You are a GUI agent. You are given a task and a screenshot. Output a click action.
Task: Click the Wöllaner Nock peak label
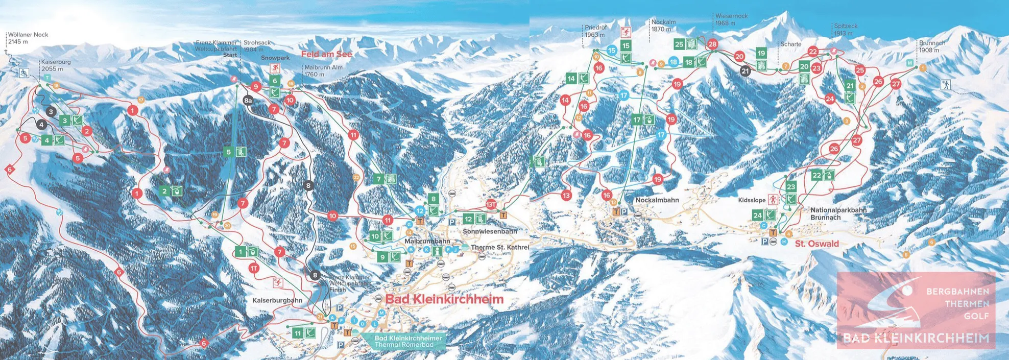28,38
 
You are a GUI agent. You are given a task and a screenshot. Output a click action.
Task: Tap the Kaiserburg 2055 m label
56,65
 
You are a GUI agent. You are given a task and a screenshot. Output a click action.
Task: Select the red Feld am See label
326,54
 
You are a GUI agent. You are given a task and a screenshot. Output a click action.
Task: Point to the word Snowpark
275,58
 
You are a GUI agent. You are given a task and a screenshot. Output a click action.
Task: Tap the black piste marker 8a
248,101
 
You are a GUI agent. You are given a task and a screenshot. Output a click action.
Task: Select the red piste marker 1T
254,268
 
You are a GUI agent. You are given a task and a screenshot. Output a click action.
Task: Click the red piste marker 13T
491,204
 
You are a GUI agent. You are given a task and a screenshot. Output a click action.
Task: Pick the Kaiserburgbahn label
277,300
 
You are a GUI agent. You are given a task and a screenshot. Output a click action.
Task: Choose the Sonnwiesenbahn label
490,231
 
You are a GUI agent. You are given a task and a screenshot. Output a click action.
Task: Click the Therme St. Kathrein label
499,247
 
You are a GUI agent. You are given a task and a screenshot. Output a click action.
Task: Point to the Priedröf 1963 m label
594,31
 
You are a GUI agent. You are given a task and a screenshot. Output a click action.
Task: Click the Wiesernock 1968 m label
731,19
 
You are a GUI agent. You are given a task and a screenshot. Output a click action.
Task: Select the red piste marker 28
712,44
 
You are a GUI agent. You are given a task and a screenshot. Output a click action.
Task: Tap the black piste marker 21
745,71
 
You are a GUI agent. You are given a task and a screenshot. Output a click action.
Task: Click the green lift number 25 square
679,44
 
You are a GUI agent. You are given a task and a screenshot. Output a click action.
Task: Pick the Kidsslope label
752,201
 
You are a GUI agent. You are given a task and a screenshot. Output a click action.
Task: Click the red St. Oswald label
816,244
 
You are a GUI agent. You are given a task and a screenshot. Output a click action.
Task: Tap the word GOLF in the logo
976,316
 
